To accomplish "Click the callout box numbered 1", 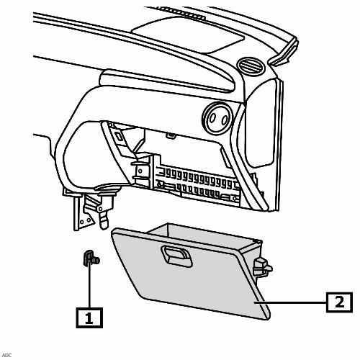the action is (x=89, y=318).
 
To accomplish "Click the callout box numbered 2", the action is (x=339, y=302).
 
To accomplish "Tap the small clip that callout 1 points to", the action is (x=91, y=258).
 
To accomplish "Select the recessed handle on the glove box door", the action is (x=176, y=256).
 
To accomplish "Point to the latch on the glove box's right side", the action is (x=262, y=266).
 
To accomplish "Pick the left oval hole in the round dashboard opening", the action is (x=212, y=118).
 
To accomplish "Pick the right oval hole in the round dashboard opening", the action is (x=225, y=120).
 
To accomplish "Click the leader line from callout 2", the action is (x=290, y=302).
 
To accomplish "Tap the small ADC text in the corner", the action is (x=6, y=355).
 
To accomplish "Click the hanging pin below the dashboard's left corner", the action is (x=104, y=217).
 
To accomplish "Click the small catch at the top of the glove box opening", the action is (x=171, y=135).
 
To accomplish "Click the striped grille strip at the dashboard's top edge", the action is (x=181, y=13).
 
